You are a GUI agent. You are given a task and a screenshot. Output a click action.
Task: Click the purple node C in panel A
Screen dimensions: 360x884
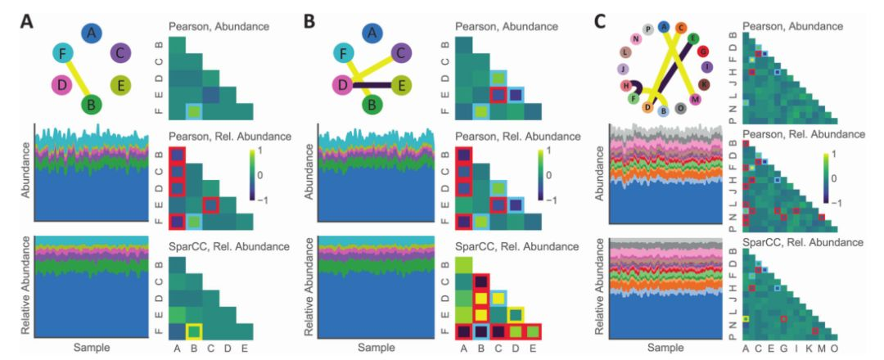(120, 54)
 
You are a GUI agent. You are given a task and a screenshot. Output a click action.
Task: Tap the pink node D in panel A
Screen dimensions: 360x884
(61, 84)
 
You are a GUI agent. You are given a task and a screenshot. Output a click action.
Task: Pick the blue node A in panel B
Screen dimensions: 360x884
(373, 33)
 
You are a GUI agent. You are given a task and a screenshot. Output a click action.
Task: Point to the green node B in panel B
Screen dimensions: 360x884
(373, 105)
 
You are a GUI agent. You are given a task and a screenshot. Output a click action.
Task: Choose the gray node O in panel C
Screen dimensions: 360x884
(681, 109)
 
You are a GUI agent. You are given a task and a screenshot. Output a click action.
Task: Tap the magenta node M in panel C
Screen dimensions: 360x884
(696, 99)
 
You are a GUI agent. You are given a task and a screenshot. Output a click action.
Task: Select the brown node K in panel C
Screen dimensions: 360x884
(703, 83)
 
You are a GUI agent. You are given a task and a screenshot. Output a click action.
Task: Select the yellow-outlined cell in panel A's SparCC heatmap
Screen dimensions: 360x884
(194, 331)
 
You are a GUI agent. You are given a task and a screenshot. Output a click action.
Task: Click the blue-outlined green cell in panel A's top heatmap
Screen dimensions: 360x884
(194, 110)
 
